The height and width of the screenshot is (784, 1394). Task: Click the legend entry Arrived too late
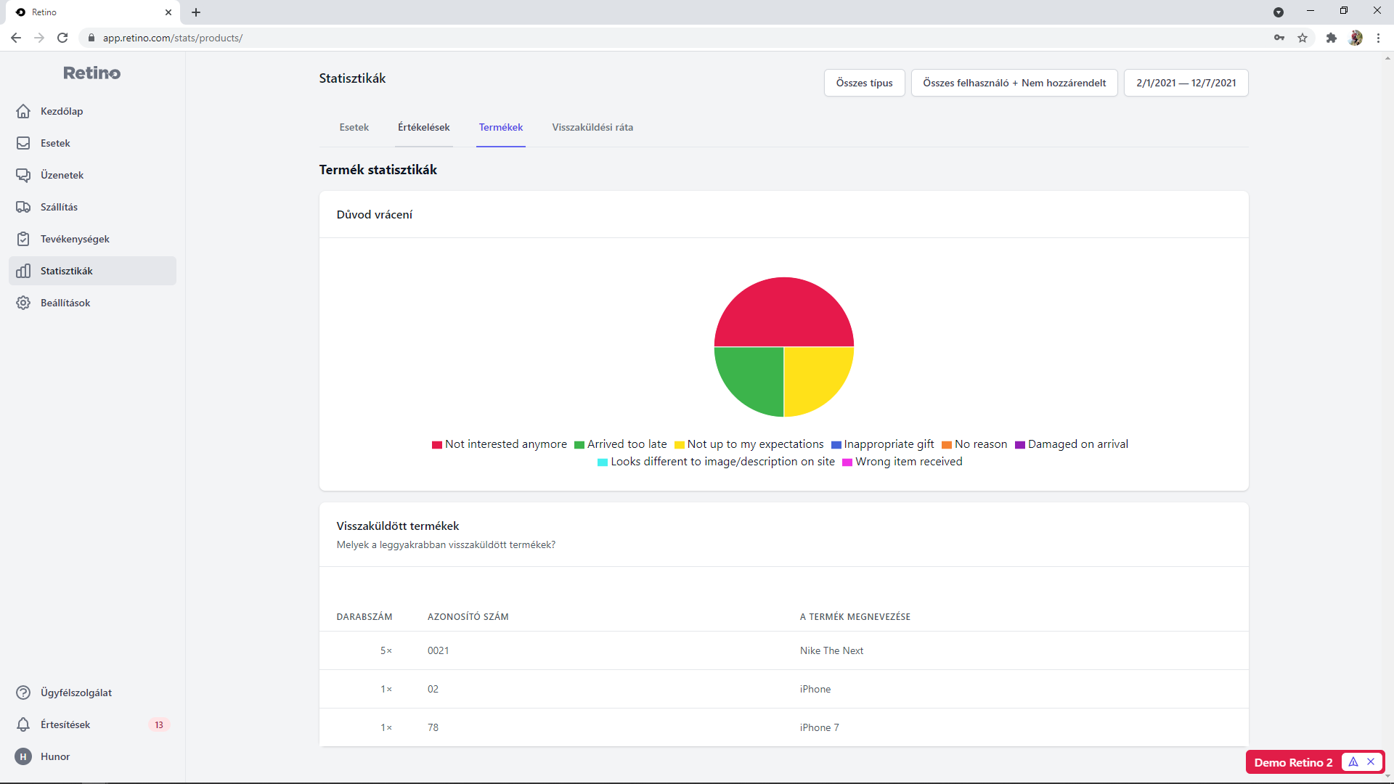tap(621, 444)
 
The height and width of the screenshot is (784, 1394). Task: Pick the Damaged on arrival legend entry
tap(1072, 444)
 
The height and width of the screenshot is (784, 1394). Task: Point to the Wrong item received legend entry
tap(902, 462)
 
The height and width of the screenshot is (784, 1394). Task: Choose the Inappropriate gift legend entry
tap(883, 444)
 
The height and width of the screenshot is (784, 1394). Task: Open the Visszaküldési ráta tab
tap(592, 127)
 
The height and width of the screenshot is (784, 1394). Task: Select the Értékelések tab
tap(424, 127)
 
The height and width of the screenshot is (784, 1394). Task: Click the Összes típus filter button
tap(865, 83)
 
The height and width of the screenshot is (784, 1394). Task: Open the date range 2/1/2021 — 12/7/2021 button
tap(1186, 83)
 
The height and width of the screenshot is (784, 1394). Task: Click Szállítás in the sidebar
tap(59, 207)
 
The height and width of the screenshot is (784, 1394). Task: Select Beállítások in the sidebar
tap(65, 303)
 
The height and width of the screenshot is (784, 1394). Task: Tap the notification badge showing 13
tap(159, 724)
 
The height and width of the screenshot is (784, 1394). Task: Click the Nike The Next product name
tap(831, 650)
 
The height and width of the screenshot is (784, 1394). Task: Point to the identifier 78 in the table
tap(433, 727)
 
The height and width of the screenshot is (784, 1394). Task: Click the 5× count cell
tap(386, 650)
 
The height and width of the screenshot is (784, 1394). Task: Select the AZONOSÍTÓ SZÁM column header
tap(468, 617)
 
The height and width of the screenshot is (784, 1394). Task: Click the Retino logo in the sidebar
tap(92, 73)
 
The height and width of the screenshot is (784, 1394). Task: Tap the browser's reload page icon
tap(62, 38)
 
